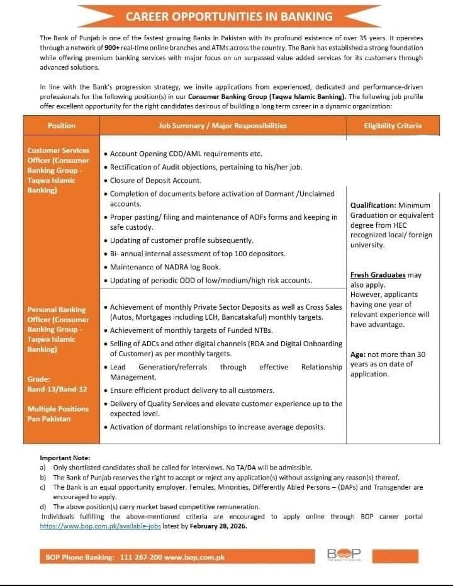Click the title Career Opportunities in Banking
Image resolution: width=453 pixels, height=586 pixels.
click(229, 16)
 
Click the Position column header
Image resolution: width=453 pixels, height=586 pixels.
click(62, 126)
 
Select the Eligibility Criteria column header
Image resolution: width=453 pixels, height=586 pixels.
click(393, 126)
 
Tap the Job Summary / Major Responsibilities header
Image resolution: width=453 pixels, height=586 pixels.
click(223, 126)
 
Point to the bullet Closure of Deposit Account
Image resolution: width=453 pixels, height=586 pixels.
click(155, 181)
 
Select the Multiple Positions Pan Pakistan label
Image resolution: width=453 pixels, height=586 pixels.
click(58, 414)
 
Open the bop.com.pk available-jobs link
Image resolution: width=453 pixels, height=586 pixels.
click(100, 526)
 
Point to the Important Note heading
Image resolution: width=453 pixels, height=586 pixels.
click(65, 458)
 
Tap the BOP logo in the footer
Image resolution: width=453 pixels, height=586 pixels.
click(344, 555)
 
